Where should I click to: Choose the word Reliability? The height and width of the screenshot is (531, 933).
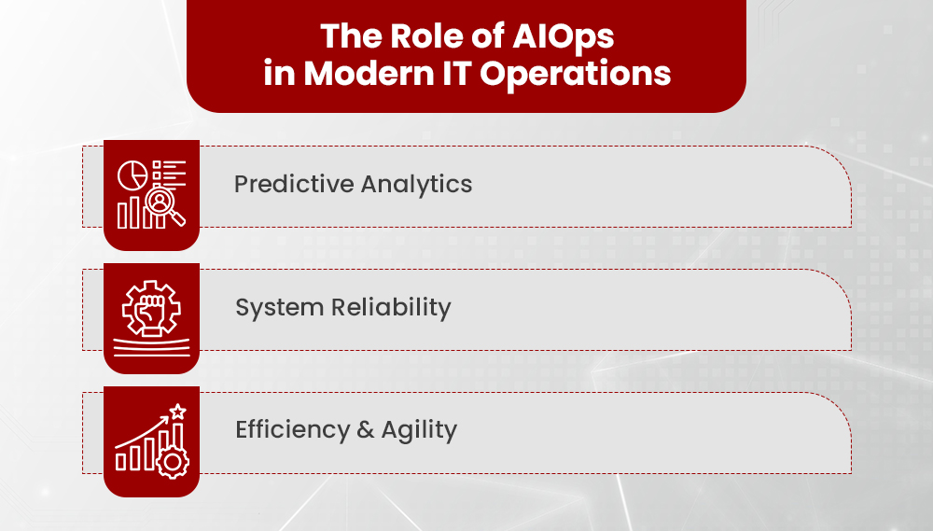[x=392, y=308]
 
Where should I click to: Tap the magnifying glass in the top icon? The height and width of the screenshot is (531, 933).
[x=166, y=207]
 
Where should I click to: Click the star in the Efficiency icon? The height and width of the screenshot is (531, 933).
[x=177, y=411]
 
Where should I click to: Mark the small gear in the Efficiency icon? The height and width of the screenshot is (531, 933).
[x=173, y=461]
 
